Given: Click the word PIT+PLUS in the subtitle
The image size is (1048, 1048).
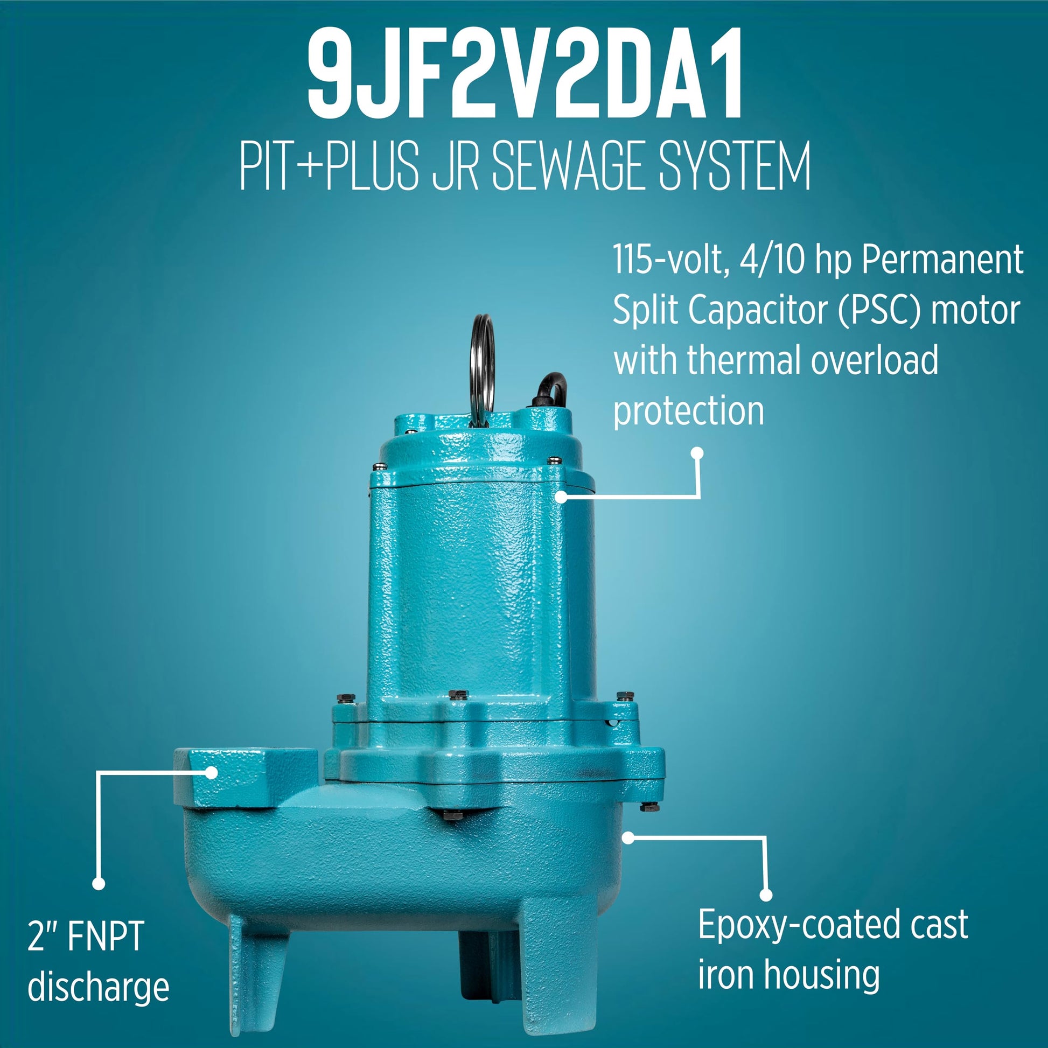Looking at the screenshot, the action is click(329, 164).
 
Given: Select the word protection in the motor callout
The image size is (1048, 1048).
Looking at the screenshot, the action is click(688, 411).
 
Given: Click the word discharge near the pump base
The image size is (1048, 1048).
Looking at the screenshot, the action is click(98, 987).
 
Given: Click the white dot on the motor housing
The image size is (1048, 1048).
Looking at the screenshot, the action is click(561, 496).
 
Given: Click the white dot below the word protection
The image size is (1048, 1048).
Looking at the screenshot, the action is click(697, 453).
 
